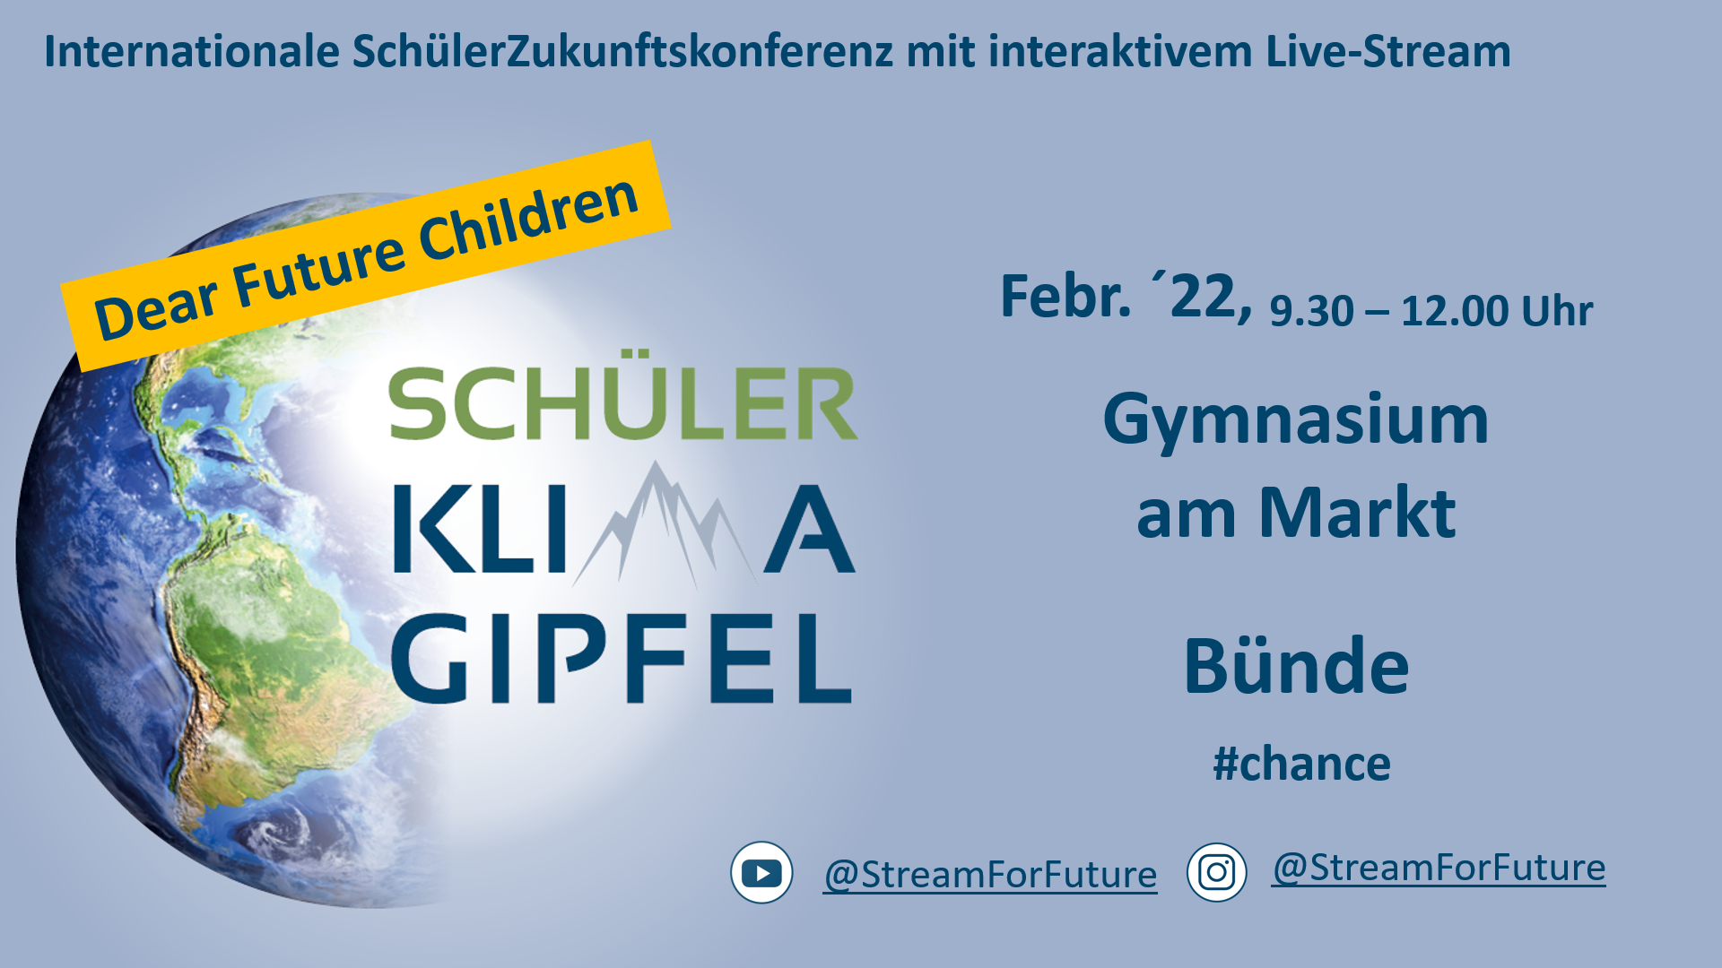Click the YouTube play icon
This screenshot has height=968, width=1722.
point(761,872)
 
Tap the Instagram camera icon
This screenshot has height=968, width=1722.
point(1216,872)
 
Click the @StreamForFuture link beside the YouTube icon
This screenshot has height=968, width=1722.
point(990,875)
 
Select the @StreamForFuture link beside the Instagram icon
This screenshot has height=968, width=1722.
point(1439,868)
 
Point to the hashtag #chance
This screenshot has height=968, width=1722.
point(1301,764)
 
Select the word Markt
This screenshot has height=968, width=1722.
point(1357,513)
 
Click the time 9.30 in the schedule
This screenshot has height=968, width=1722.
point(1311,311)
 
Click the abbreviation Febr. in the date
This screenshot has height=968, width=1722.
point(1065,297)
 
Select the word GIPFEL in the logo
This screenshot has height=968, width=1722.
point(622,659)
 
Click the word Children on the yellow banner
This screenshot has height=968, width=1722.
point(528,220)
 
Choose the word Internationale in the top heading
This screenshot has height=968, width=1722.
point(192,51)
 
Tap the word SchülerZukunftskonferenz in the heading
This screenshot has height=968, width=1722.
point(622,51)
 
